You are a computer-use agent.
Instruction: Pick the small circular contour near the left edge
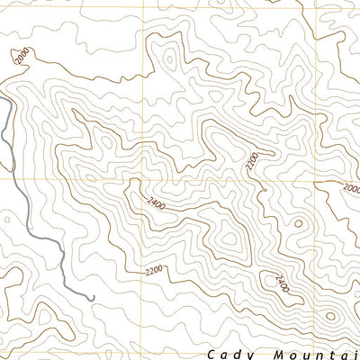(6, 217)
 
